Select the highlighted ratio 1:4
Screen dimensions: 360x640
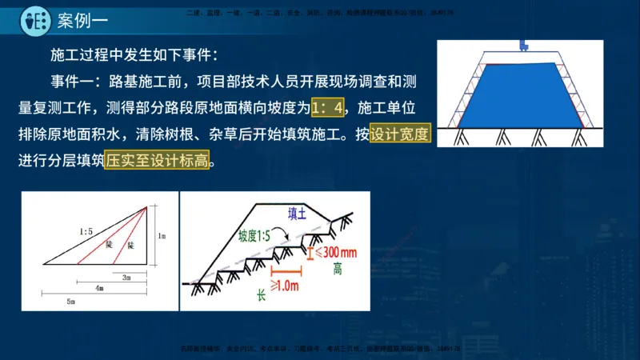tap(331, 107)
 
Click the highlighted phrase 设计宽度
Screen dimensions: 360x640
tap(400, 133)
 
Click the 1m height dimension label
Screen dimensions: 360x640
tap(162, 237)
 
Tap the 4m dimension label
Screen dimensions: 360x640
tap(98, 287)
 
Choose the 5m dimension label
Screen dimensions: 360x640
tap(70, 301)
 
